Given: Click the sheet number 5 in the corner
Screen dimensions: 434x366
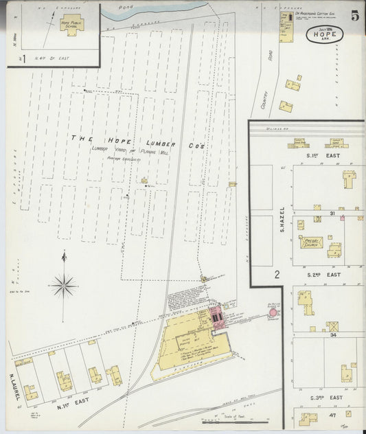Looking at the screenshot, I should point(354,16).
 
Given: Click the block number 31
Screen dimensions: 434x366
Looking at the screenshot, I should point(331,214).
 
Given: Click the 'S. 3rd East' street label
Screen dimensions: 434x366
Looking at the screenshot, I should point(325,398).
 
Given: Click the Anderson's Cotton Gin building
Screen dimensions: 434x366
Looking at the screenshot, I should point(285,26).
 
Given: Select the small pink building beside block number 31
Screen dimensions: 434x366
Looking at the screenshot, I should point(341,218).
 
